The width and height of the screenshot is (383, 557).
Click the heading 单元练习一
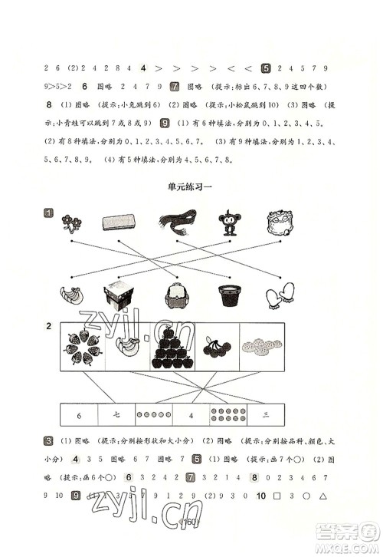(x=191, y=186)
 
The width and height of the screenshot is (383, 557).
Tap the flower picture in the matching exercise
(x=73, y=223)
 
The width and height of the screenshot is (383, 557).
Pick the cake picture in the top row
(x=280, y=223)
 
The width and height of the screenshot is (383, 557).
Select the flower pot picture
(x=228, y=298)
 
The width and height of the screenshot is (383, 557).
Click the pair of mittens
(x=280, y=298)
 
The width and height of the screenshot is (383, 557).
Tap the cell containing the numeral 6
(x=79, y=415)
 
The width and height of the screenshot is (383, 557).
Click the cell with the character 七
(x=117, y=415)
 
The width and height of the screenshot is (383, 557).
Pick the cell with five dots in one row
(x=154, y=415)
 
